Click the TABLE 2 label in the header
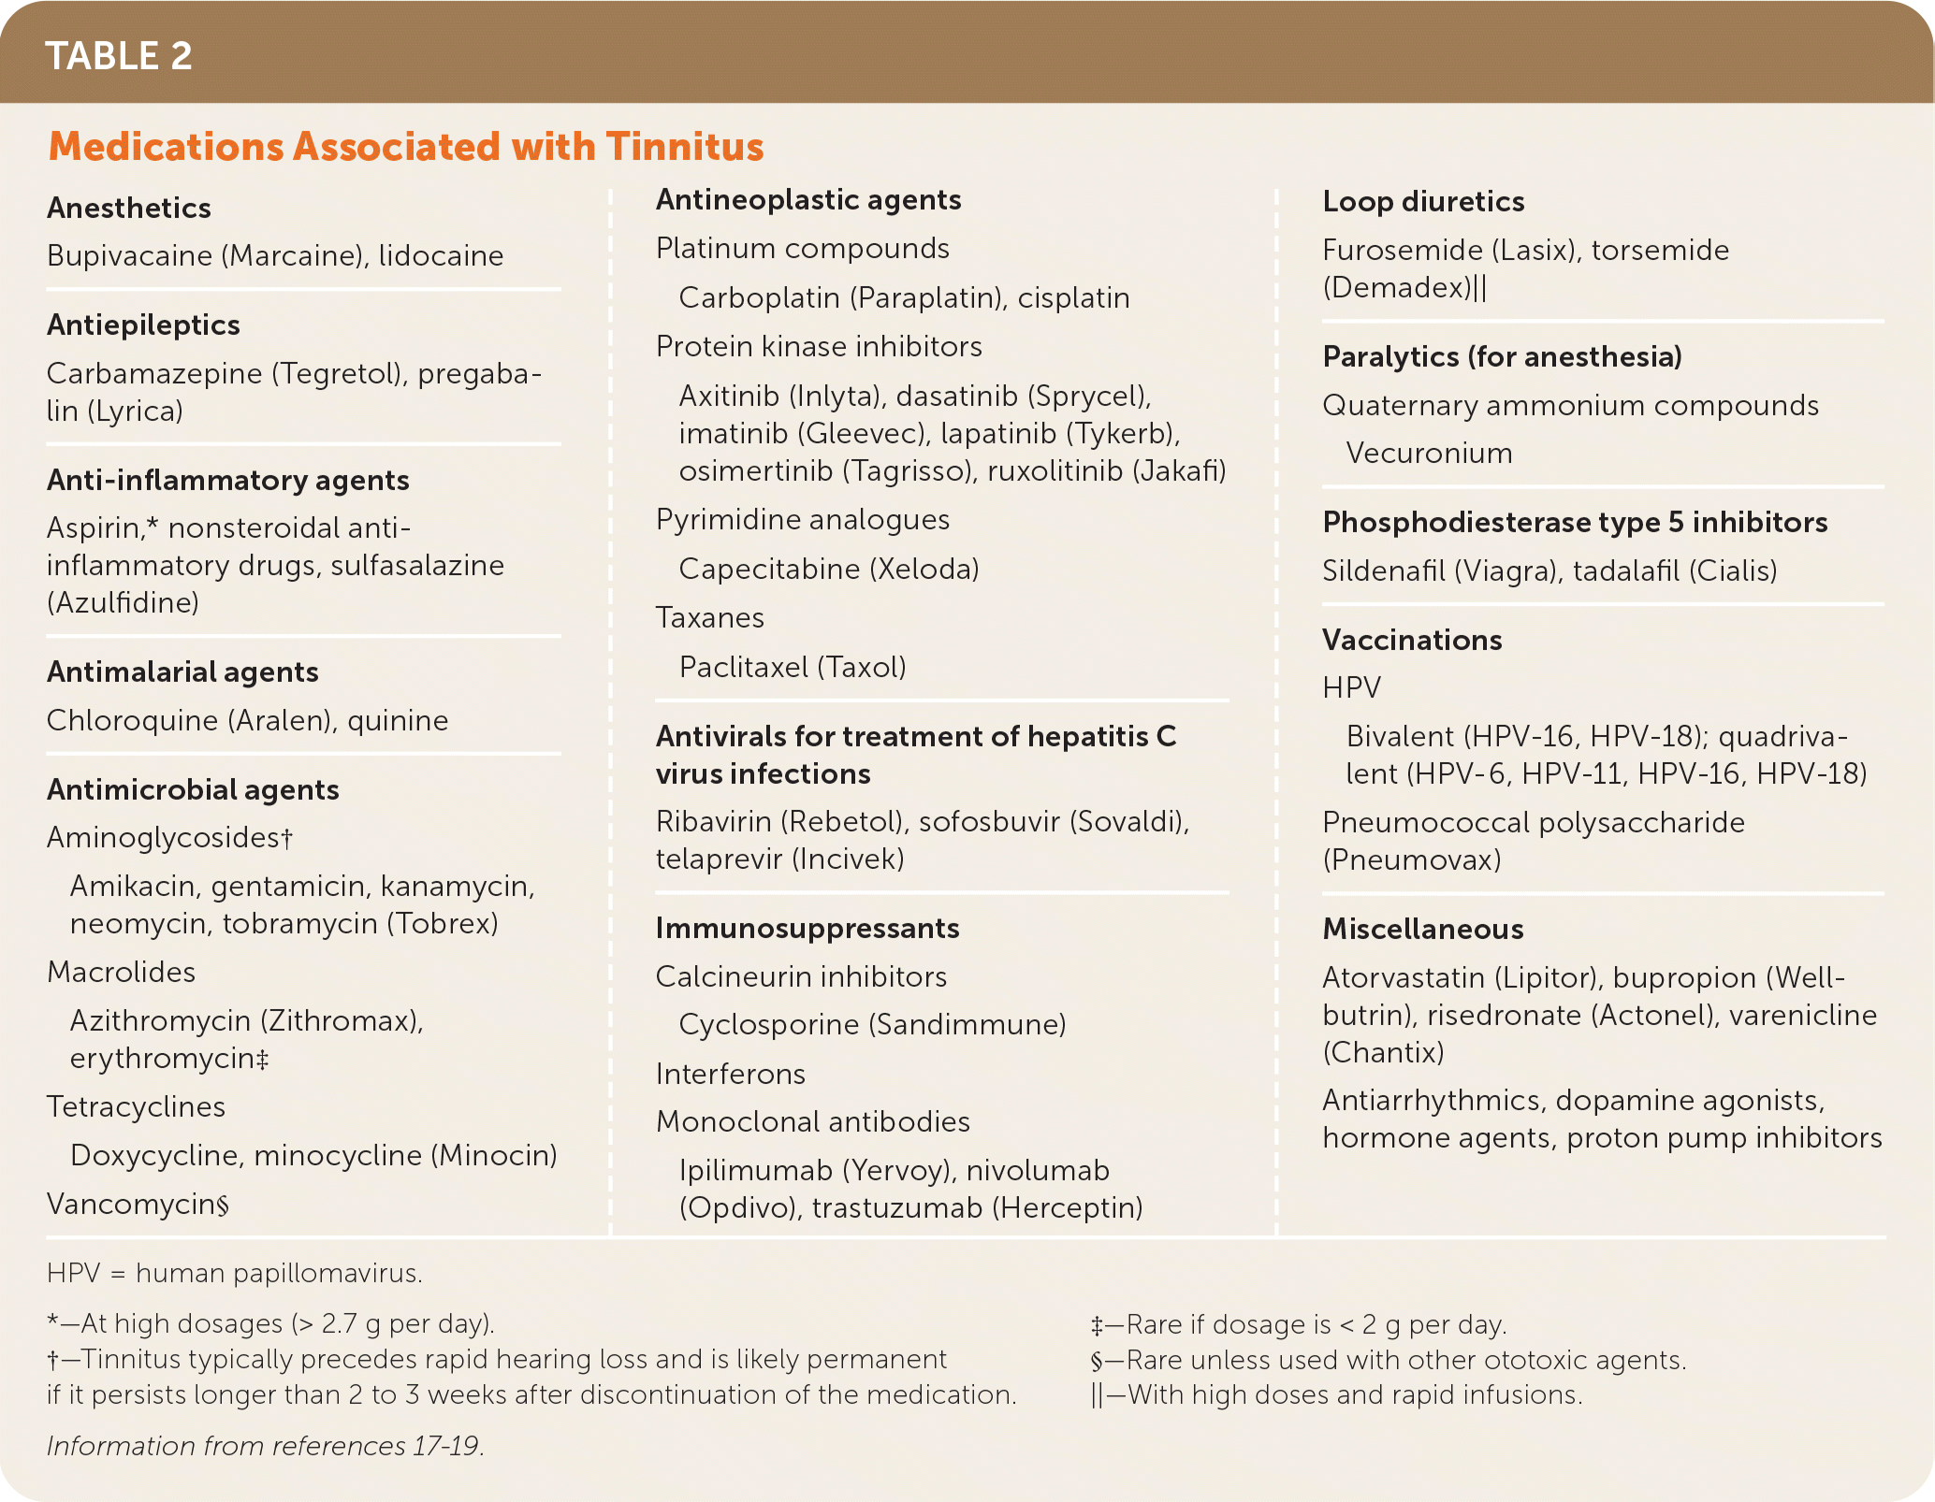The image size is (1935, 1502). click(118, 56)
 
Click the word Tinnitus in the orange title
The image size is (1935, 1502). click(684, 147)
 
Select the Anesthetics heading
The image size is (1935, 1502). click(129, 208)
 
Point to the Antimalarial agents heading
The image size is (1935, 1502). click(182, 672)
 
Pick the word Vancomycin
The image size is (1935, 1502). click(131, 1204)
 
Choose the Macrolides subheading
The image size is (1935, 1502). click(121, 972)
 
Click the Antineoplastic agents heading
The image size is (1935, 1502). click(808, 199)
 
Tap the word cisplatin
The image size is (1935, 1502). click(1073, 297)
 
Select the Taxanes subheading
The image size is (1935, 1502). click(709, 617)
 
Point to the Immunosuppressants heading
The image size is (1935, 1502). click(807, 928)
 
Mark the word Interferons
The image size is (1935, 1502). click(730, 1074)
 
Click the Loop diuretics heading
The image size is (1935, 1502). click(1423, 201)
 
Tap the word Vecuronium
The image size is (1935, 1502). click(1429, 453)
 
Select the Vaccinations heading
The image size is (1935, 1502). click(1412, 640)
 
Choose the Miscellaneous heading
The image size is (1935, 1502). click(1423, 929)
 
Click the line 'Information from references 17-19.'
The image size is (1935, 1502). click(266, 1446)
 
